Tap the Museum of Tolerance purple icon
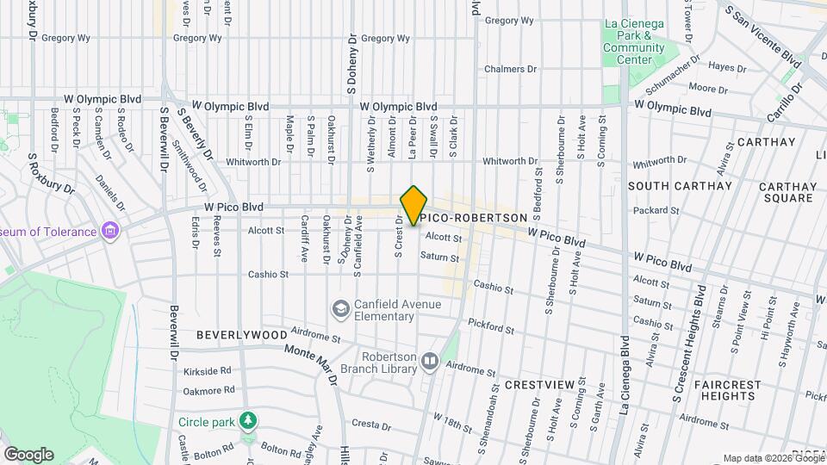click(x=109, y=230)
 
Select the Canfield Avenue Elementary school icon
click(x=341, y=308)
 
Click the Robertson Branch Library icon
click(x=429, y=365)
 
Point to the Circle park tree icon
click(x=249, y=421)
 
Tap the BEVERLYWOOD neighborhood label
click(x=241, y=334)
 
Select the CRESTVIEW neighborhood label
click(x=539, y=383)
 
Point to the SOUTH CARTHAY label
click(x=680, y=186)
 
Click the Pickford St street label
click(x=491, y=325)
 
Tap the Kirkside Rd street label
click(x=208, y=371)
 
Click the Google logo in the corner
click(x=28, y=454)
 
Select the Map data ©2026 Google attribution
click(x=773, y=458)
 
